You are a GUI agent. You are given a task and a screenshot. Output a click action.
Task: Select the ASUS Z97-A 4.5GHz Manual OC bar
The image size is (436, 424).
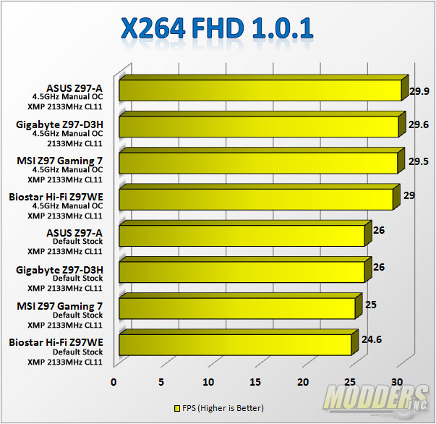pos(260,90)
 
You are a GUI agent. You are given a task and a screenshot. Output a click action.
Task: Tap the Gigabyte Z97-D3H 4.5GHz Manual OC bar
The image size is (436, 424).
pos(258,127)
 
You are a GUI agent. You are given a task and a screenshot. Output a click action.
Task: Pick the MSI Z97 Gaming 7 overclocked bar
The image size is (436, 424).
pos(258,163)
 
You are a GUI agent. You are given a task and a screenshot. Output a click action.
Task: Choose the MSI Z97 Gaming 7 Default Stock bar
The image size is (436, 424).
pos(236,308)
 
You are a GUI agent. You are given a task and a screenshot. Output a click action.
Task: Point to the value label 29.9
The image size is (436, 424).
pos(420,91)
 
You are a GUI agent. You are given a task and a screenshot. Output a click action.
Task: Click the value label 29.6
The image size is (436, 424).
pos(418,124)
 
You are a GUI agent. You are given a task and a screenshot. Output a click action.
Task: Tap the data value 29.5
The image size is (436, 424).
pos(418,161)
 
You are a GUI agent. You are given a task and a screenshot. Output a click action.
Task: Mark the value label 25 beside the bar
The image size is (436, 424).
pos(370,305)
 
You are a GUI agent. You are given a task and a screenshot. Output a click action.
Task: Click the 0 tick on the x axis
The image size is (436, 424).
pos(114,381)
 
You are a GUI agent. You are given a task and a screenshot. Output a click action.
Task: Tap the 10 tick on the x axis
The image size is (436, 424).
pos(209,381)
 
